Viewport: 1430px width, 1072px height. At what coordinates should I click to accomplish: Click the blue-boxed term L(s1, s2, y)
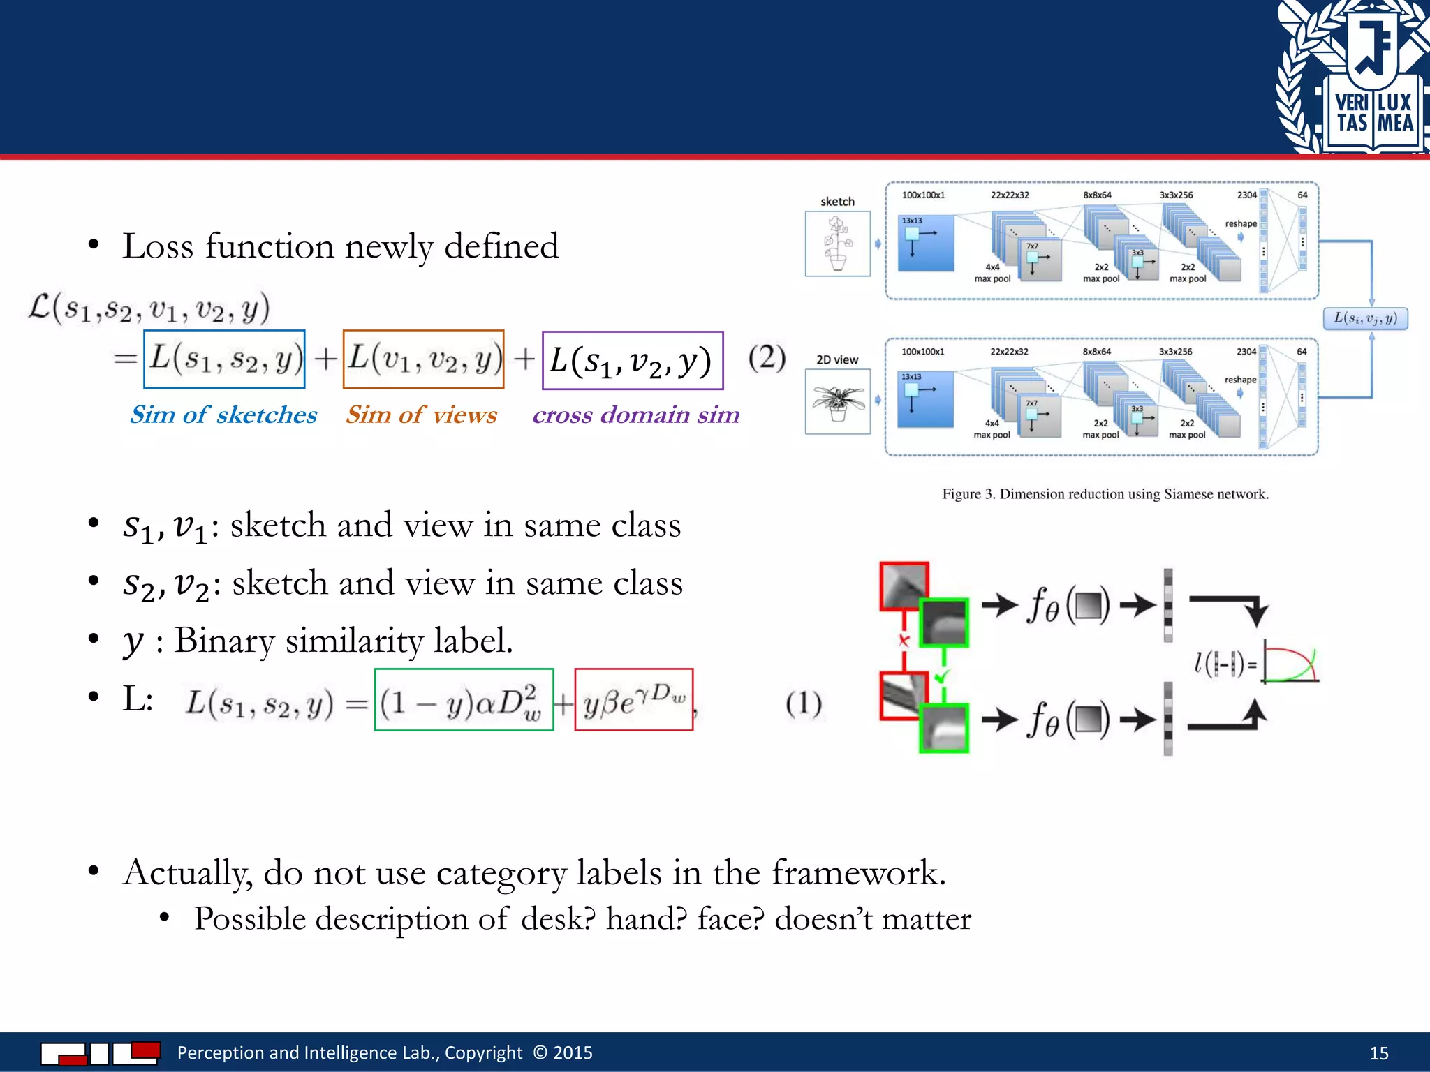(x=224, y=359)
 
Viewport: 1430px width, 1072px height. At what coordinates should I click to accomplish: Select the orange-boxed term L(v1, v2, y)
(x=423, y=359)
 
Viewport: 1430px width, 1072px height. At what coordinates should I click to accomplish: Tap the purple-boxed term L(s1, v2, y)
(x=633, y=361)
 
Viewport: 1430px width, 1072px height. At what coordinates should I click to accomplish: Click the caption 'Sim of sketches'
(x=223, y=415)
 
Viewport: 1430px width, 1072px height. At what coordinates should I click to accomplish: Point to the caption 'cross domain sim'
(x=635, y=415)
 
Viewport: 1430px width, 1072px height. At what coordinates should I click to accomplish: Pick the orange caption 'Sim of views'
(x=421, y=415)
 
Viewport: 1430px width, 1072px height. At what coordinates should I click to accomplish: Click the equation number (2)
(x=767, y=358)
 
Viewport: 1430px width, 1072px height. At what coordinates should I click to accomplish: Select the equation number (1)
(x=804, y=703)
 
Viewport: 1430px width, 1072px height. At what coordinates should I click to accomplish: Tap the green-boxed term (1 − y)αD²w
(x=464, y=700)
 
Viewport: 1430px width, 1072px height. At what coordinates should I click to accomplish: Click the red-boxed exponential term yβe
(x=633, y=700)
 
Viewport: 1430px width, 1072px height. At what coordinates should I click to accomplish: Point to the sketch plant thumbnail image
(x=837, y=244)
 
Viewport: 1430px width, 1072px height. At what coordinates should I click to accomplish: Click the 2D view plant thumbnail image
(x=837, y=402)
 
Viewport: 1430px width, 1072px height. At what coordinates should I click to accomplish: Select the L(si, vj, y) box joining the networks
(x=1365, y=318)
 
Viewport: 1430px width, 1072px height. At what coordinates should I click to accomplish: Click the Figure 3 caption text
(x=1105, y=494)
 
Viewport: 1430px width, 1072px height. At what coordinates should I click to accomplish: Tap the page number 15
(x=1378, y=1053)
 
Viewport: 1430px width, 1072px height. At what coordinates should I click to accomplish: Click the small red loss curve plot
(x=1290, y=664)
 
